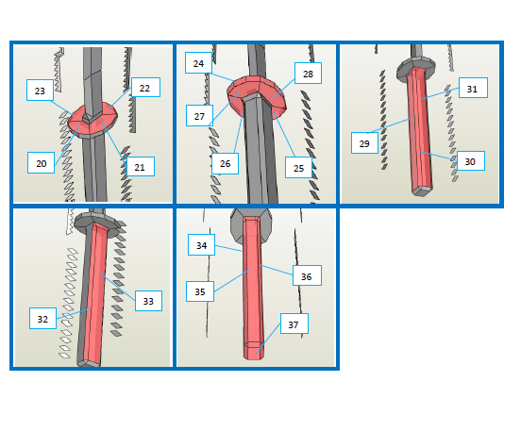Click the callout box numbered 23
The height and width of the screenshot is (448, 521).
tap(40, 90)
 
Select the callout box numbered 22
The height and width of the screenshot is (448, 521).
tap(145, 88)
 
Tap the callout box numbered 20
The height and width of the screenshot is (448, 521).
tap(41, 163)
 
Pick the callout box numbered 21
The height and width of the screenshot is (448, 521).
tap(141, 166)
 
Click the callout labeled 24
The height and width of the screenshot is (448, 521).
tap(198, 63)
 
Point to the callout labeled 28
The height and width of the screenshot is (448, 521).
tap(308, 73)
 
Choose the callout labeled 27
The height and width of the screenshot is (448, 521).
tap(199, 116)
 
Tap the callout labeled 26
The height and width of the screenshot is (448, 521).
tap(225, 163)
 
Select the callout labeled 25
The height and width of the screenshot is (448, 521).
tap(298, 167)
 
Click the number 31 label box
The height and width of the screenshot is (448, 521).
tap(473, 88)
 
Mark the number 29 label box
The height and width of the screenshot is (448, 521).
tap(364, 142)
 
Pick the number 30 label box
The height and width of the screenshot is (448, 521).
tap(471, 160)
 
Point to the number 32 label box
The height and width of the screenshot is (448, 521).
tap(42, 319)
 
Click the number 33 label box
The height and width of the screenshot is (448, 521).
tap(148, 301)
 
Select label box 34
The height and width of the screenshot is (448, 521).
tap(201, 245)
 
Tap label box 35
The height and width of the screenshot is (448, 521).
tap(200, 291)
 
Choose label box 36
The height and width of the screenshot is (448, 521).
tap(307, 275)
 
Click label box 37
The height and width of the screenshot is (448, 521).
tap(294, 324)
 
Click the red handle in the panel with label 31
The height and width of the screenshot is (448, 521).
tap(420, 129)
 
